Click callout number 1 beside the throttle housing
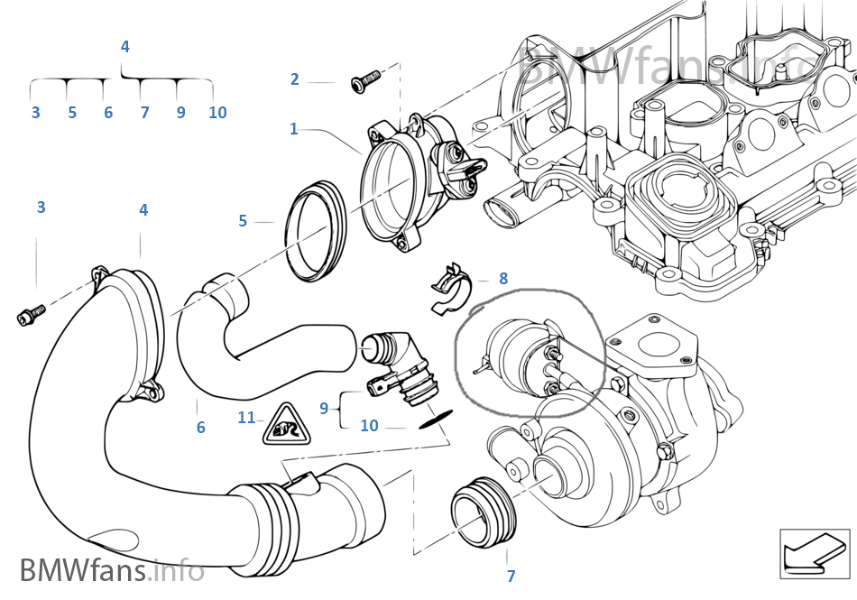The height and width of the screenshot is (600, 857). click(x=293, y=129)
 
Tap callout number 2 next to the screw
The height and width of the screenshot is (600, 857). click(x=295, y=79)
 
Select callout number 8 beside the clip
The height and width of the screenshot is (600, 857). click(x=503, y=279)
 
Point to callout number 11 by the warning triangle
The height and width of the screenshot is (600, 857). click(x=246, y=418)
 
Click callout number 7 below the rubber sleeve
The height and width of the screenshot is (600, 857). click(x=511, y=576)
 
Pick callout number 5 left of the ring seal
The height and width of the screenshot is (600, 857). click(x=243, y=221)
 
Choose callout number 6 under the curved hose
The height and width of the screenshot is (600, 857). click(x=200, y=428)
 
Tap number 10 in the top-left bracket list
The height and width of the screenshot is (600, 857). click(x=217, y=113)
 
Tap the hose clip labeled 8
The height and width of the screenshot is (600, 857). click(x=451, y=290)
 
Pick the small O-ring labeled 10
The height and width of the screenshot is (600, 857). click(x=435, y=420)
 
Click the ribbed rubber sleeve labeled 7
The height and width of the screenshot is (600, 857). click(x=484, y=512)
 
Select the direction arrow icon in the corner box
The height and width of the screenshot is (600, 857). click(x=814, y=554)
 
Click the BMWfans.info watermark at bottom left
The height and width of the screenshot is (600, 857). click(x=112, y=570)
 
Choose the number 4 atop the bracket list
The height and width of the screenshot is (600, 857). click(x=125, y=46)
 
